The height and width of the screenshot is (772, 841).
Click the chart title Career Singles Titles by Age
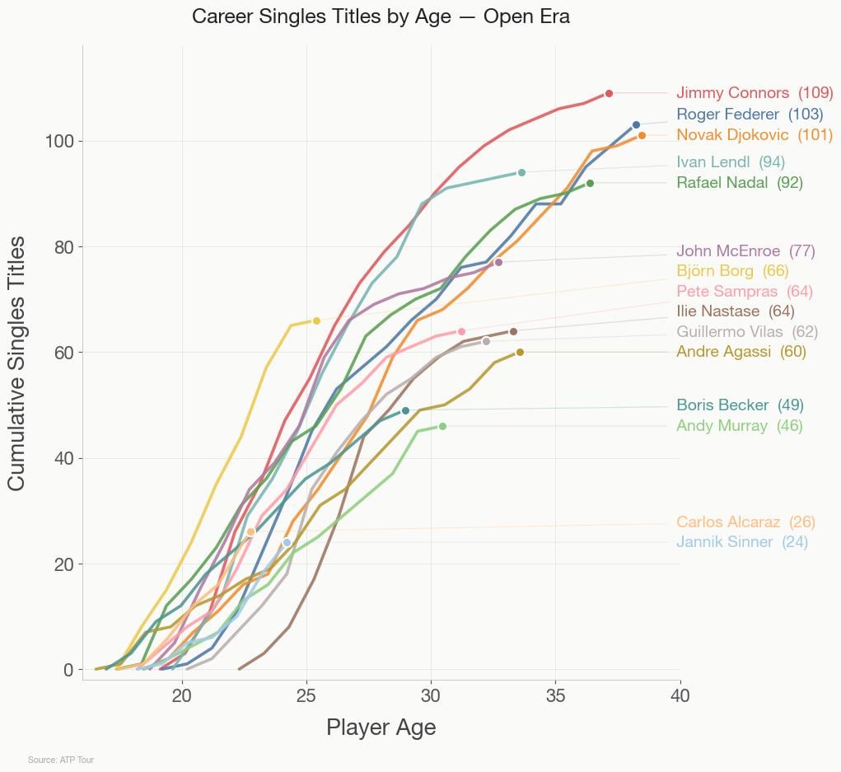point(381,16)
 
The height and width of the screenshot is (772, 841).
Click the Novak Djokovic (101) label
point(754,134)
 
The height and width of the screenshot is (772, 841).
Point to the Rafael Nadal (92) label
point(739,183)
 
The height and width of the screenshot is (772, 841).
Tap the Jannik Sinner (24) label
point(741,542)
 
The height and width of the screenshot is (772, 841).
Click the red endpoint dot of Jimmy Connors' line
point(609,93)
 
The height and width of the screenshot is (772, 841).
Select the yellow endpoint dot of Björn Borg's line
point(316,320)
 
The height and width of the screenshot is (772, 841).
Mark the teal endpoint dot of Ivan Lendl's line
point(521,172)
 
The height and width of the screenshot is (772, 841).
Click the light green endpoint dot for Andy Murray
point(442,426)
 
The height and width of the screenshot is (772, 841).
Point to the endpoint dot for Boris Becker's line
point(405,410)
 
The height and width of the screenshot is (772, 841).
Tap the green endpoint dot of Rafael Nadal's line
point(590,183)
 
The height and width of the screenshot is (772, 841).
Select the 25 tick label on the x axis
point(306,696)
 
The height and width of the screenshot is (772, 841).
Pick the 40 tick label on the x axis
point(680,696)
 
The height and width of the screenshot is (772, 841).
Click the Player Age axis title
point(381,728)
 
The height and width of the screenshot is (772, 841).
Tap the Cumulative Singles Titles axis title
point(17,363)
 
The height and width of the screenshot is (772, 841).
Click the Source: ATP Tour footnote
point(60,760)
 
